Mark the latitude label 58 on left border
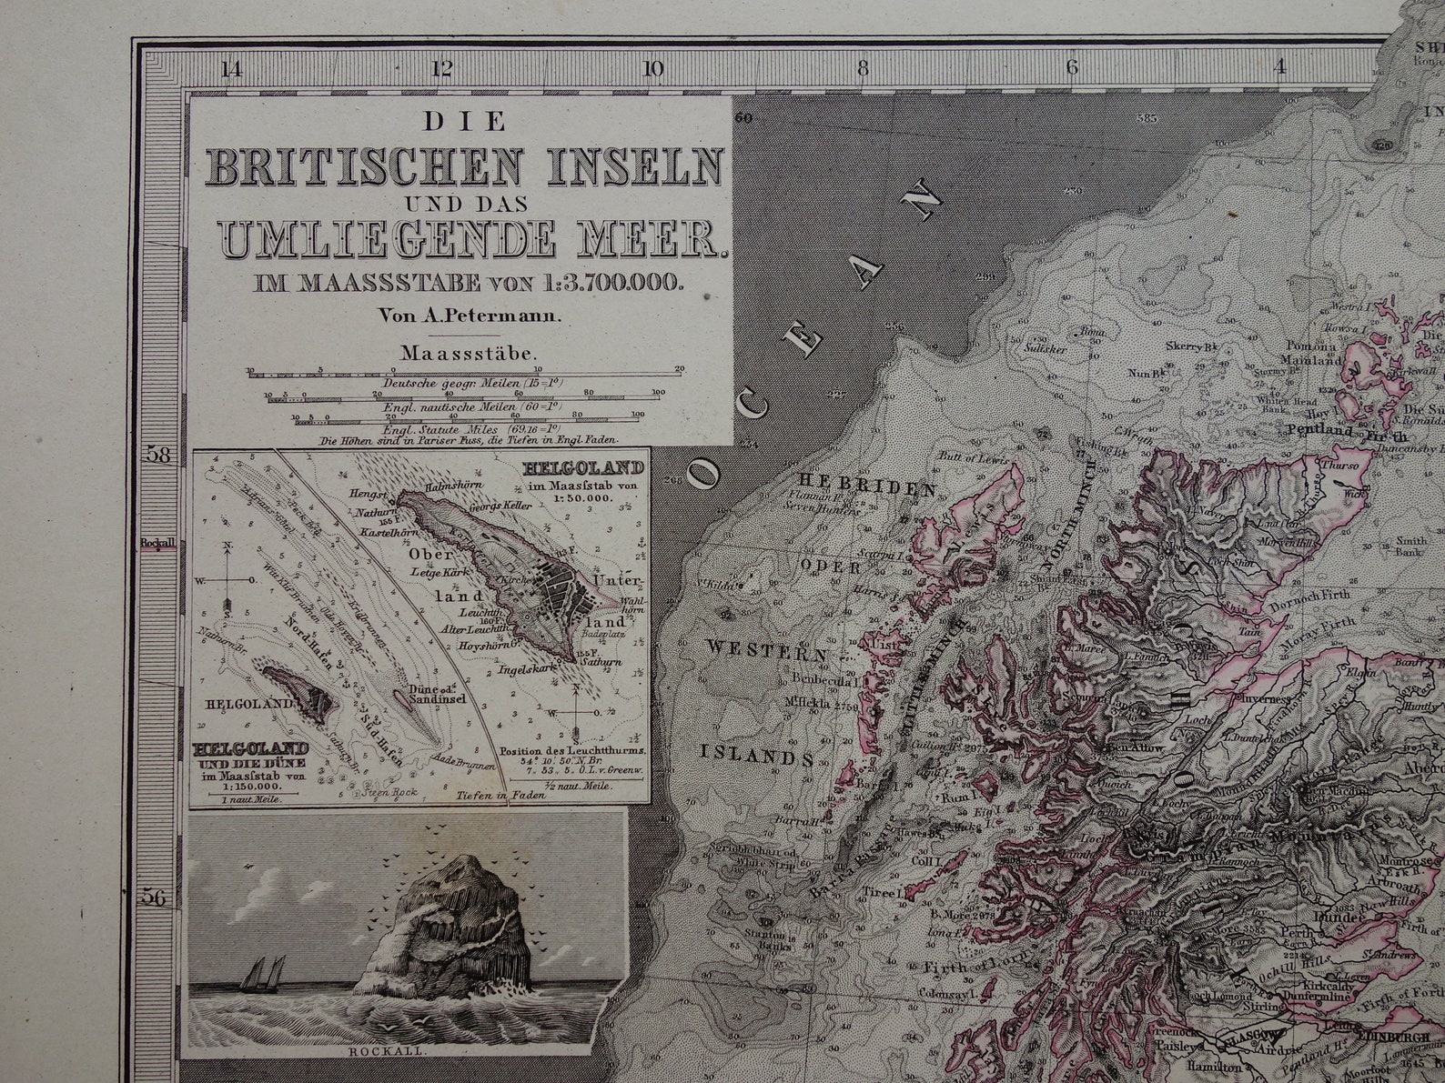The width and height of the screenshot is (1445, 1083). [158, 455]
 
